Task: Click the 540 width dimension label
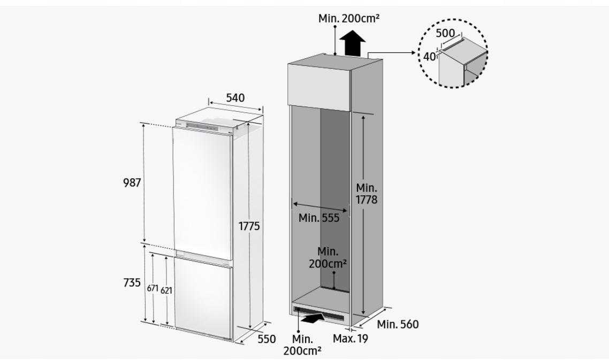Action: click(235, 98)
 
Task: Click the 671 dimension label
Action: click(153, 288)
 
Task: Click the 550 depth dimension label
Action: click(266, 339)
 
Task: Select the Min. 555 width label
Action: click(319, 218)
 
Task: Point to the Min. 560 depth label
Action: click(398, 324)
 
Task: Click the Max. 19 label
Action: click(350, 338)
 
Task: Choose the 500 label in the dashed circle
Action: click(445, 33)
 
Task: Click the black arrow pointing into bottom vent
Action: click(313, 317)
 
